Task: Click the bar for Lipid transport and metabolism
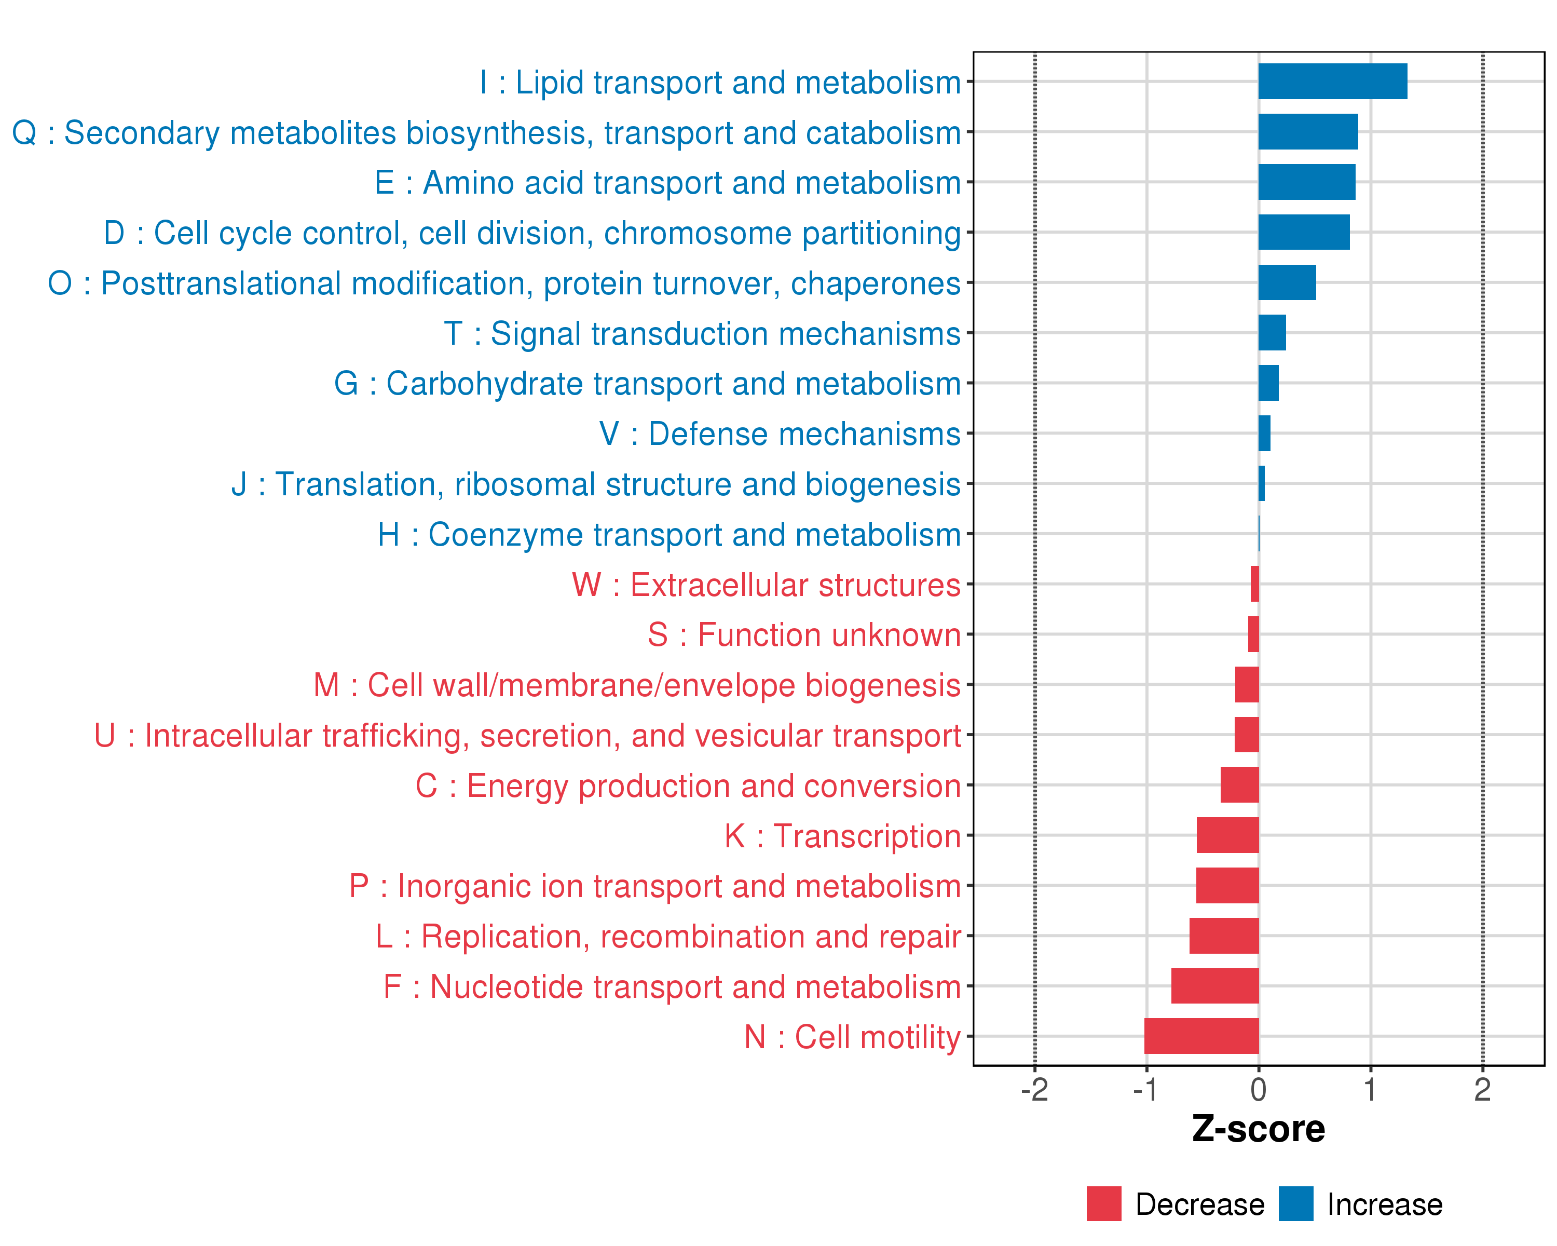click(1332, 81)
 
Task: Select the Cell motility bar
click(1201, 1036)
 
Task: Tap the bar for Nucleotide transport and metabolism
click(1214, 986)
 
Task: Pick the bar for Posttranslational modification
click(1287, 282)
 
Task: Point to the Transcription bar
click(1227, 835)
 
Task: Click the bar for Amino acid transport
click(1306, 182)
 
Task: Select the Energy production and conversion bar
click(1239, 784)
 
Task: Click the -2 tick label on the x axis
click(1034, 1090)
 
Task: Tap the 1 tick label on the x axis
click(1370, 1090)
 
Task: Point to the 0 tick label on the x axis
click(1258, 1090)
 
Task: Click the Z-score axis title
click(1258, 1129)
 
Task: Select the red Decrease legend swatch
click(1103, 1204)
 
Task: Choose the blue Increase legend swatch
click(1295, 1204)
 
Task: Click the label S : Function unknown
click(804, 635)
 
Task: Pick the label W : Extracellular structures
click(766, 585)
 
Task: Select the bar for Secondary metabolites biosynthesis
click(1308, 131)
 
